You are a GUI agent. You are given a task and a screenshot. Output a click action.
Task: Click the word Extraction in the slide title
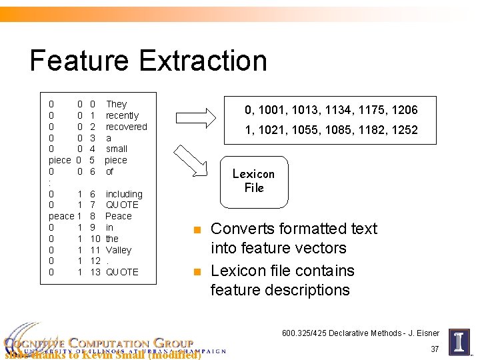pyautogui.click(x=203, y=61)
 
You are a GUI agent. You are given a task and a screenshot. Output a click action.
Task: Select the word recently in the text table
pyautogui.click(x=122, y=115)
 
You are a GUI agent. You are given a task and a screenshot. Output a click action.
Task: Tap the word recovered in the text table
pyautogui.click(x=126, y=127)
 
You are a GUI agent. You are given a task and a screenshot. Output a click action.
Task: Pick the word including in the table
pyautogui.click(x=124, y=194)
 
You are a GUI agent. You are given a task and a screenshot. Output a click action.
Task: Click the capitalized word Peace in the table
pyautogui.click(x=119, y=216)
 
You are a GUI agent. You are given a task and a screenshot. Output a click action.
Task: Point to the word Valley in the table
pyautogui.click(x=119, y=250)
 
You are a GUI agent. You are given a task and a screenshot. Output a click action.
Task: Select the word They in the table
pyautogui.click(x=116, y=104)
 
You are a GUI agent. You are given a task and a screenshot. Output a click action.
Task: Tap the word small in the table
pyautogui.click(x=117, y=149)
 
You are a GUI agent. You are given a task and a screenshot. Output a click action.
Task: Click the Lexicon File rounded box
pyautogui.click(x=254, y=181)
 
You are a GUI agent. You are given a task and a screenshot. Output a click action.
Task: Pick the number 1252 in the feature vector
pyautogui.click(x=404, y=130)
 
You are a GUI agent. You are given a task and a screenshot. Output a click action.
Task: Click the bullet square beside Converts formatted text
pyautogui.click(x=196, y=230)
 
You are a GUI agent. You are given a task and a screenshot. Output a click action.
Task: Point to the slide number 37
pyautogui.click(x=435, y=349)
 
